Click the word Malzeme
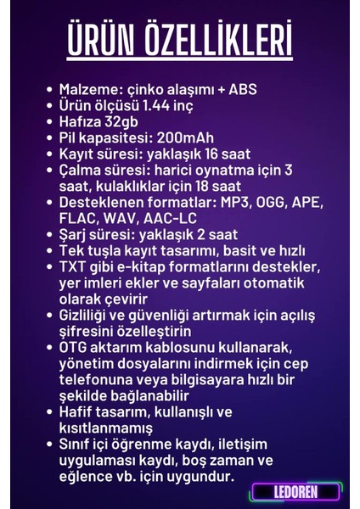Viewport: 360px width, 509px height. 86,89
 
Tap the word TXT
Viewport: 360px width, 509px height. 74,267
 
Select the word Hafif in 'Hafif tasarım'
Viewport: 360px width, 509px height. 78,411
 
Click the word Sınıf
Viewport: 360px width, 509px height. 77,444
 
